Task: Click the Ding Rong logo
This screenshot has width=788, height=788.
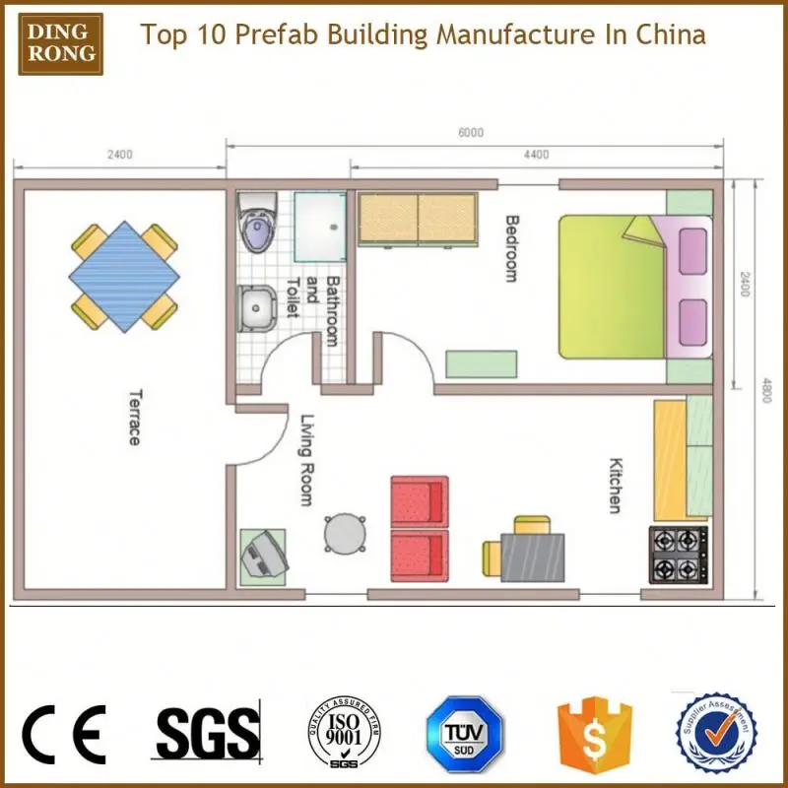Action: pyautogui.click(x=61, y=37)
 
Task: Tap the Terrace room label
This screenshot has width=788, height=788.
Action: pyautogui.click(x=133, y=417)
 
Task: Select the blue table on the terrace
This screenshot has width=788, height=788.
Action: pyautogui.click(x=124, y=276)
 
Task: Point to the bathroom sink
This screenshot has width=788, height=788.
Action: pyautogui.click(x=256, y=308)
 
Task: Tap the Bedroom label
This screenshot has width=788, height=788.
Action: pyautogui.click(x=510, y=248)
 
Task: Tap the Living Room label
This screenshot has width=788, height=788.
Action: pyautogui.click(x=306, y=459)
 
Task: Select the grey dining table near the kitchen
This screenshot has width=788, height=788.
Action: pyautogui.click(x=532, y=557)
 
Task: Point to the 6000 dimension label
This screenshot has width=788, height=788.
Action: pyautogui.click(x=471, y=133)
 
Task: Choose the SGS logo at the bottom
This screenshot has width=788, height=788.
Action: pyautogui.click(x=206, y=734)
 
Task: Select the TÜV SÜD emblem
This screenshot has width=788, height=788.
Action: pyautogui.click(x=464, y=735)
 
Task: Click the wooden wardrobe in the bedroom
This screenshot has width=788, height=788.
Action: pyautogui.click(x=418, y=218)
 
